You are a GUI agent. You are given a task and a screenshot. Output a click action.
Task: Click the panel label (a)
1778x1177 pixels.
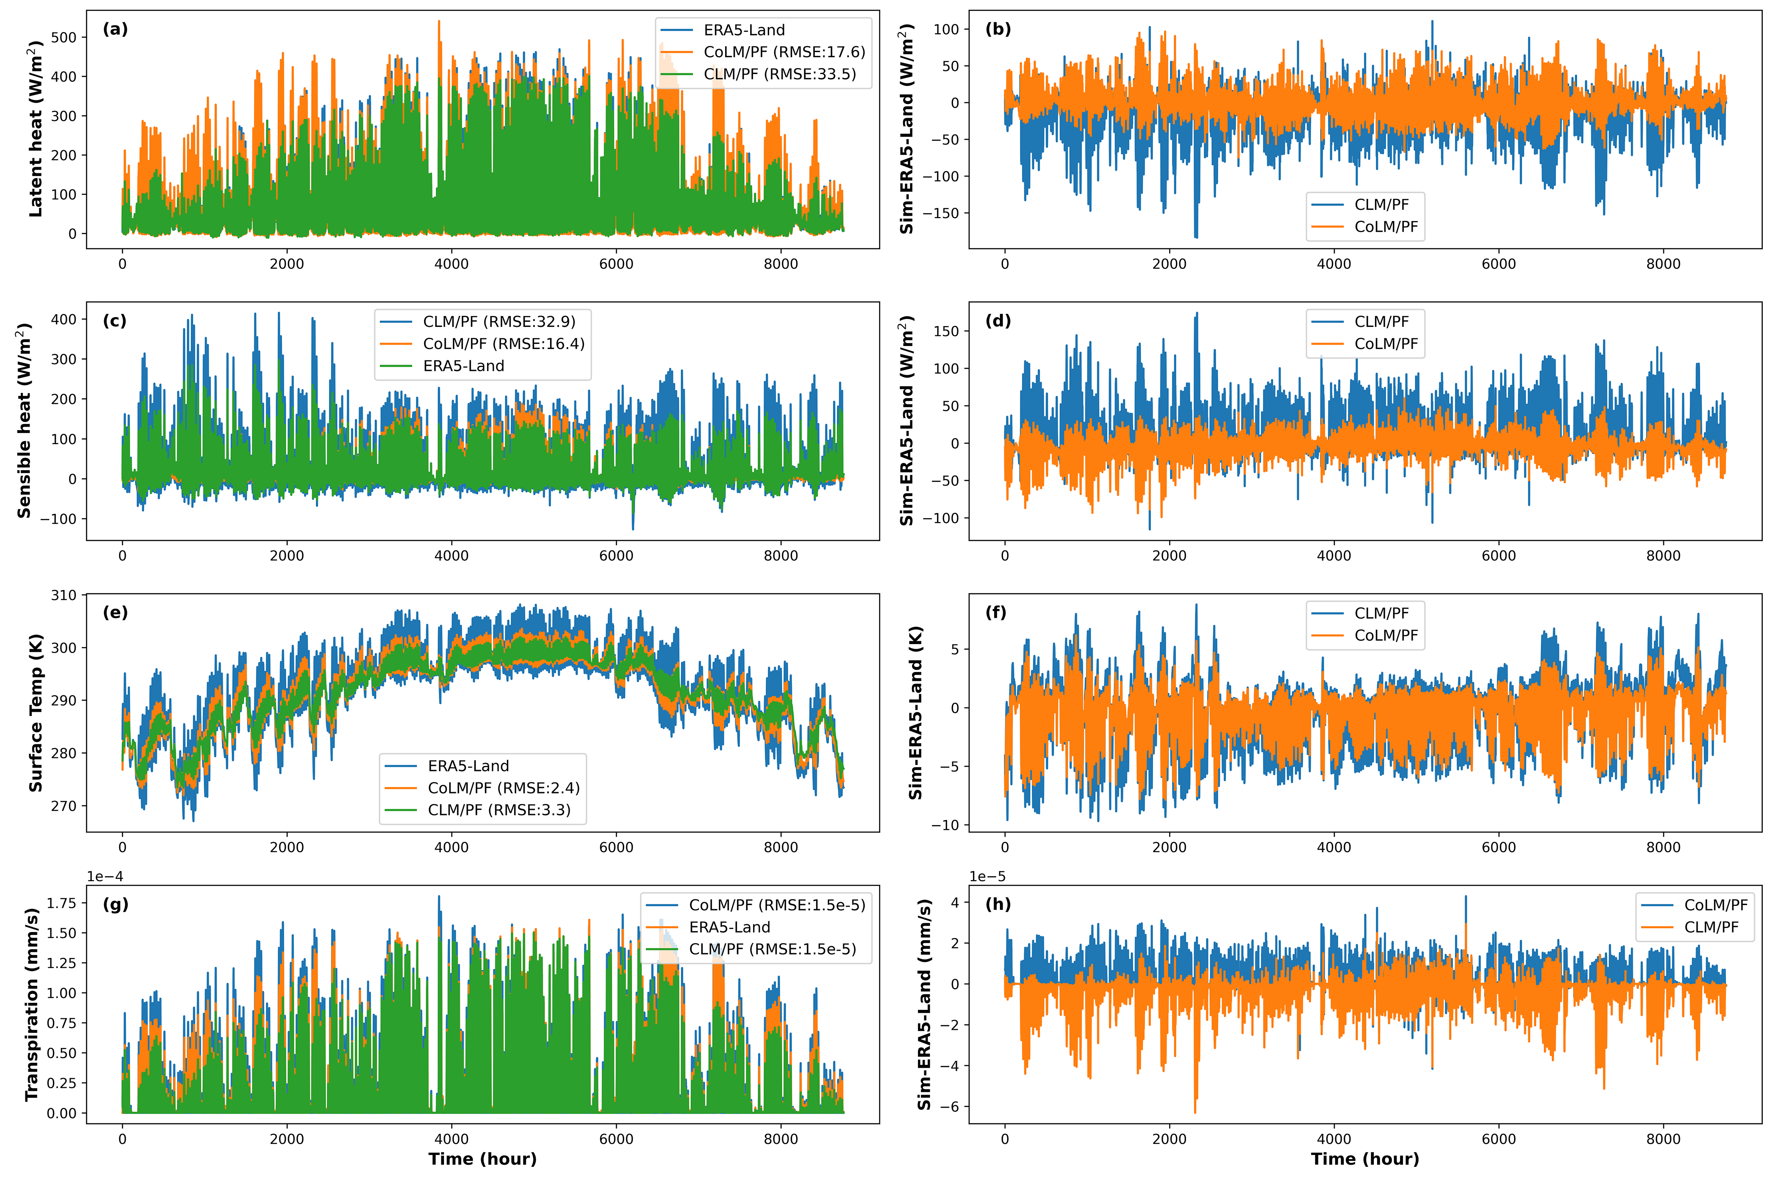[x=115, y=29]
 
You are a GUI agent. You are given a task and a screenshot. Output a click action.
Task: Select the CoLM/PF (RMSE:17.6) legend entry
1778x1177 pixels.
[x=784, y=52]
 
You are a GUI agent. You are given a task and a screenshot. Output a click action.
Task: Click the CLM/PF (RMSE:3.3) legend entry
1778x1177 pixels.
[x=499, y=810]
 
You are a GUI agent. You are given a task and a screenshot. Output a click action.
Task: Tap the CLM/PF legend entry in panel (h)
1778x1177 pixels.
[x=1710, y=927]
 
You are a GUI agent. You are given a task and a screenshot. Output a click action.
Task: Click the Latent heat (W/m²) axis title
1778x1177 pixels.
[x=35, y=129]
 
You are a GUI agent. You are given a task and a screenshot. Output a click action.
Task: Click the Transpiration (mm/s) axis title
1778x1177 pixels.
[x=32, y=1004]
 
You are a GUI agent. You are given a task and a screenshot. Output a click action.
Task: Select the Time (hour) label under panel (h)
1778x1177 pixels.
[x=1364, y=1159]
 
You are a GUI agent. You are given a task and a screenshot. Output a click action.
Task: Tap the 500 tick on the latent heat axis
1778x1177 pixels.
[x=63, y=38]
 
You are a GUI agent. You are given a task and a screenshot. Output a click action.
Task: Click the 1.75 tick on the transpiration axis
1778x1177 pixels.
[x=62, y=903]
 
